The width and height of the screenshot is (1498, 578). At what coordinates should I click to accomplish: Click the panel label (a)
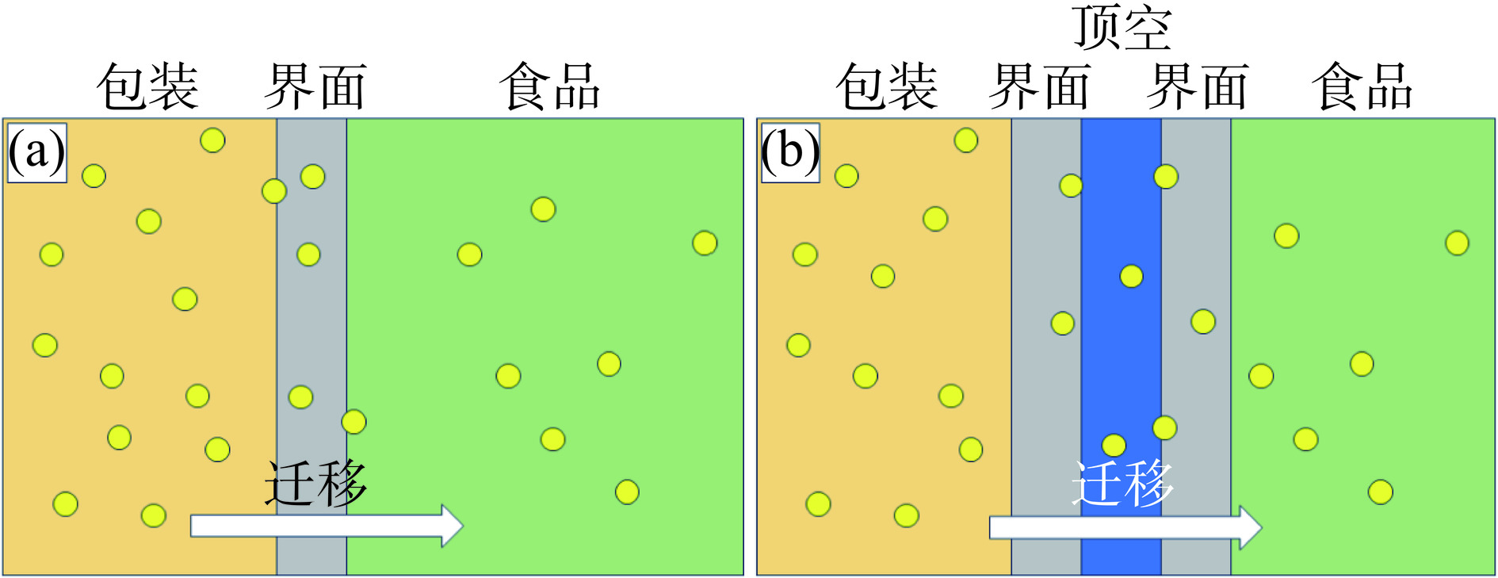tap(36, 152)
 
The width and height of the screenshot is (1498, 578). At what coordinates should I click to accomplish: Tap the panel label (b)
tap(790, 152)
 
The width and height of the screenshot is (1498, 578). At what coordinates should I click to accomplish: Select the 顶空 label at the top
tap(1122, 29)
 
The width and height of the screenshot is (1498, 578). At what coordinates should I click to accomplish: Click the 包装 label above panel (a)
tap(147, 86)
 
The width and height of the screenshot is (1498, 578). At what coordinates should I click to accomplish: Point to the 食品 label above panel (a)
tap(550, 86)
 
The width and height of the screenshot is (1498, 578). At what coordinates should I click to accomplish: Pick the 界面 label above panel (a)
tap(315, 86)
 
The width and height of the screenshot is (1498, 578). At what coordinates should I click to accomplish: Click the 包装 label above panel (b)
tap(887, 86)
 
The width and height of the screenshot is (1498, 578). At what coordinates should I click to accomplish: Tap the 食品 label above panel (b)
tap(1362, 86)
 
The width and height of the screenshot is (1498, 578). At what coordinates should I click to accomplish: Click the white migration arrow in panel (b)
tap(1125, 527)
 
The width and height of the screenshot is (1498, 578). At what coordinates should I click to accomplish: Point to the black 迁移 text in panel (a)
tap(315, 483)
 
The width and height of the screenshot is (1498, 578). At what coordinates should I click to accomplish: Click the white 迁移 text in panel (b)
tap(1122, 483)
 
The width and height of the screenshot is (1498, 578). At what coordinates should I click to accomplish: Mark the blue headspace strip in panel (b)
tap(1121, 357)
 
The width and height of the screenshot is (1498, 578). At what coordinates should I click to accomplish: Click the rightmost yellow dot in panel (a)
tap(705, 243)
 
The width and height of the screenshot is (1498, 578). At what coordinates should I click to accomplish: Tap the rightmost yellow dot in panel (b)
tap(1457, 243)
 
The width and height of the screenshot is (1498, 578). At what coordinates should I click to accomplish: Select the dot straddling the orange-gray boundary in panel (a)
tap(274, 191)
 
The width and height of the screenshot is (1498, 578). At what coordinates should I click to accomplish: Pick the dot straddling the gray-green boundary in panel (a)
tap(353, 422)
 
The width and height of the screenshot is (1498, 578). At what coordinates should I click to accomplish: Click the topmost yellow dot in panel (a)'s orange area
tap(212, 140)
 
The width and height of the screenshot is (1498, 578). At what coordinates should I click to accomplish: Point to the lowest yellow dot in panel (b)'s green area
tap(1380, 492)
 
